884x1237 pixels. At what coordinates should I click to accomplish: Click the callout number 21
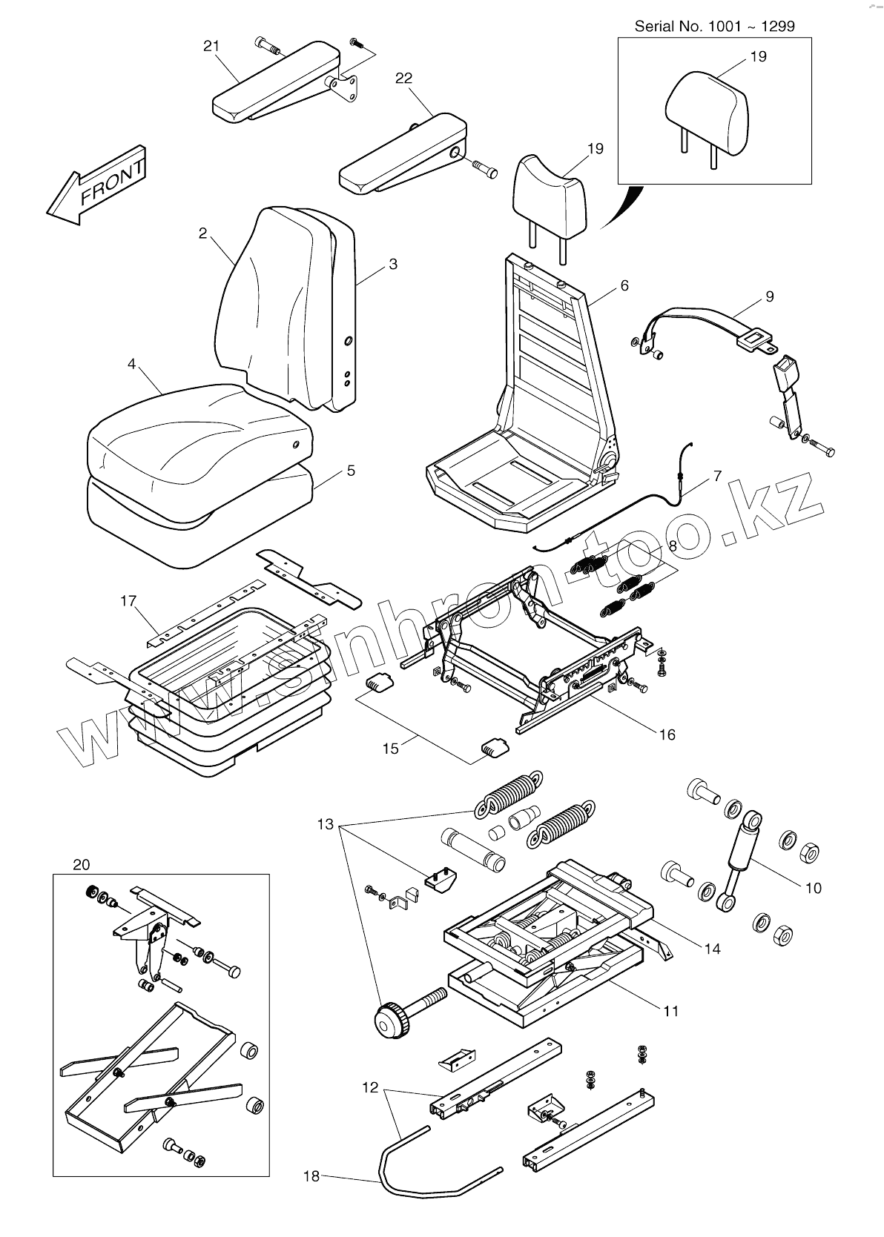click(x=211, y=47)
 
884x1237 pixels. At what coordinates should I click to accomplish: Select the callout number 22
click(x=403, y=79)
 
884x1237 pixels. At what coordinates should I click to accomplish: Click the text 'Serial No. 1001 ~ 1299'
click(x=714, y=27)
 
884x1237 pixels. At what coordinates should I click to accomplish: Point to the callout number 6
click(x=624, y=285)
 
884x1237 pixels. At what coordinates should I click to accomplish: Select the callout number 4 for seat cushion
click(x=131, y=365)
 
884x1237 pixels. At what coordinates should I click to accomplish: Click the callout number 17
click(x=128, y=600)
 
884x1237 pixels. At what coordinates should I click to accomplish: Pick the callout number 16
click(x=667, y=734)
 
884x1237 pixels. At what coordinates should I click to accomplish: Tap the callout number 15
click(x=390, y=749)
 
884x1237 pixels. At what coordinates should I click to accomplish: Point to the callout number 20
click(x=82, y=865)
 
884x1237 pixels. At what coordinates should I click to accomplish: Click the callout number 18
click(x=311, y=1175)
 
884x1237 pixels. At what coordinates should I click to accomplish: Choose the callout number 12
click(x=370, y=1088)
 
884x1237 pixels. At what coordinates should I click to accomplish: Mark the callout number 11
click(x=670, y=1011)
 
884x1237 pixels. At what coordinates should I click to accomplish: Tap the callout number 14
click(x=712, y=948)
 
